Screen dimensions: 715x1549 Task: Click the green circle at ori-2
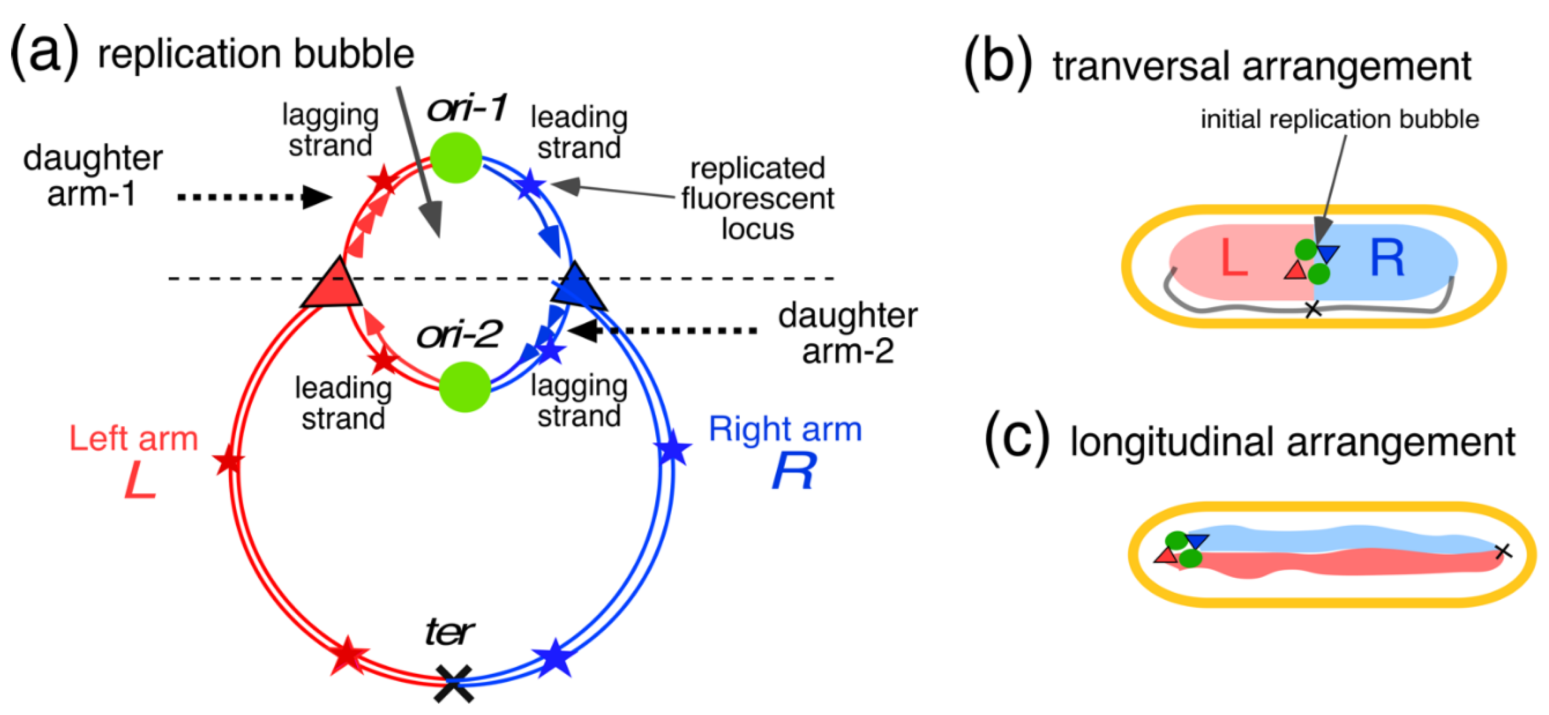pyautogui.click(x=465, y=387)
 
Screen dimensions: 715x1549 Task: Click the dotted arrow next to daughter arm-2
pyautogui.click(x=661, y=330)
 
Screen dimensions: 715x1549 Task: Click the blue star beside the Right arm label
pyautogui.click(x=672, y=448)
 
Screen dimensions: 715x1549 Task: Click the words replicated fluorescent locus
pyautogui.click(x=757, y=198)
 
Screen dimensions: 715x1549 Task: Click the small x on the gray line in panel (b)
pyautogui.click(x=1313, y=310)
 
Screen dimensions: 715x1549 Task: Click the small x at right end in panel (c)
pyautogui.click(x=1503, y=550)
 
